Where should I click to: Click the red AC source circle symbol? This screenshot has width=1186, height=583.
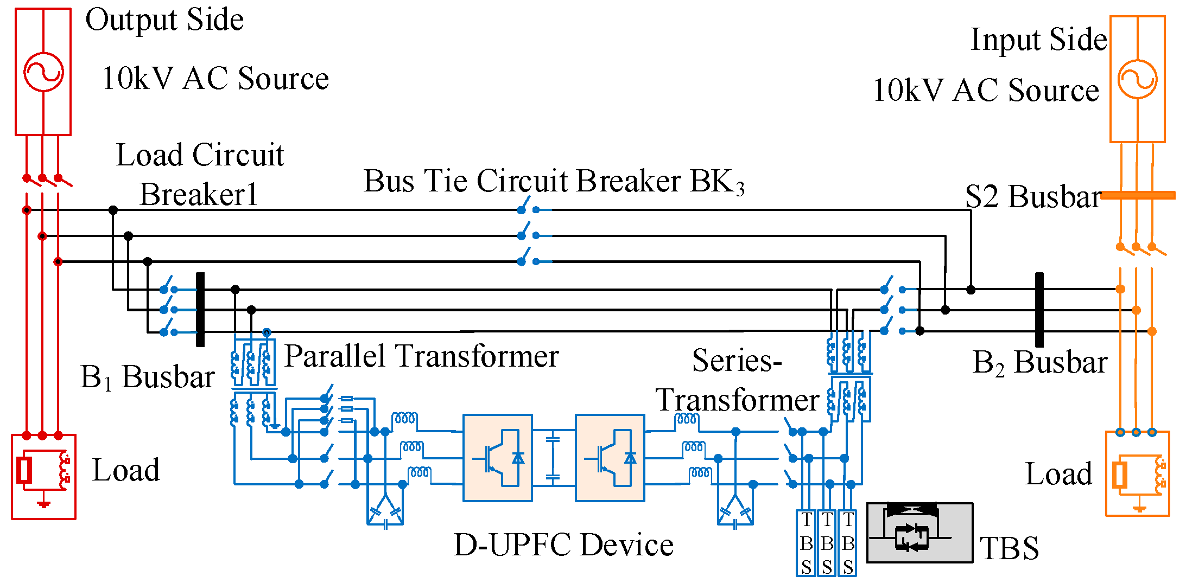pos(43,72)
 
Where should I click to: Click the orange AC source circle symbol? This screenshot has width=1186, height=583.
pos(1137,79)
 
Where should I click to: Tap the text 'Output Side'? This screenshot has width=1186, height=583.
pos(164,20)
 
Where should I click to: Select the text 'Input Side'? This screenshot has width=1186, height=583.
pos(1038,40)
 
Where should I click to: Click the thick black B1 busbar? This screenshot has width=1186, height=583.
pos(200,309)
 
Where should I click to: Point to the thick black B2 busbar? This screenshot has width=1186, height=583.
pos(1039,309)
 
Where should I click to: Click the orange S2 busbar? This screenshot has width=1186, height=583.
pos(1138,195)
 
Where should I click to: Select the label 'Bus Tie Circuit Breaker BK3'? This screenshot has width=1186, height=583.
pos(553,181)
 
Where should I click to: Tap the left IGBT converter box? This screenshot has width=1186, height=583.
pos(497,458)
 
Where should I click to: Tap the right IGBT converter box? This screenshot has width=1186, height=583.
pos(610,458)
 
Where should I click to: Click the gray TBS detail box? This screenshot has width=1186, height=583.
pos(919,533)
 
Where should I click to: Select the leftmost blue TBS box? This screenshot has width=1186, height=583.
pos(806,542)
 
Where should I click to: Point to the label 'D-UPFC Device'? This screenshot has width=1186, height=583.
pos(563,545)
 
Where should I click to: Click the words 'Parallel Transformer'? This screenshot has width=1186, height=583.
pos(421,357)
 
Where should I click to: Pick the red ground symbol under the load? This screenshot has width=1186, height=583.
pos(43,504)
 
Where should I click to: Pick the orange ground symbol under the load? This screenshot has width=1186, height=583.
pos(1139,508)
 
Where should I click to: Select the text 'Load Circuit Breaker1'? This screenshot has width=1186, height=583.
pos(199,175)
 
